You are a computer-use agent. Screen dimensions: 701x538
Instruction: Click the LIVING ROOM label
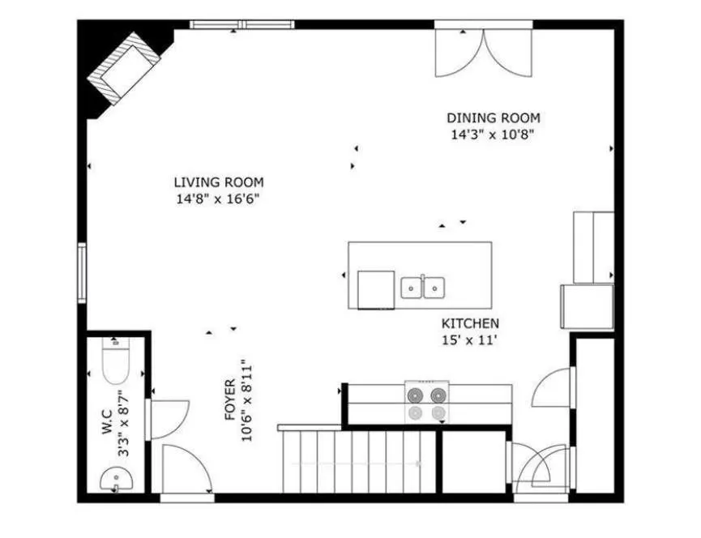click(219, 182)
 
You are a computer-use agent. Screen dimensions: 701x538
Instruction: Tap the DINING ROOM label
click(494, 118)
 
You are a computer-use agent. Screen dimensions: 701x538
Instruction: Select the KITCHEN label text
click(470, 323)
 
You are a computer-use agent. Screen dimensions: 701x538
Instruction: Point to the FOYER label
click(230, 399)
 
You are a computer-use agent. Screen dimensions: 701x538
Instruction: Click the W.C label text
click(107, 422)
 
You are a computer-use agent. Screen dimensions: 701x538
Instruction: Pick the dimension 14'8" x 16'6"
click(218, 199)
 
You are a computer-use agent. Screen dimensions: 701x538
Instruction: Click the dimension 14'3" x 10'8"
click(493, 134)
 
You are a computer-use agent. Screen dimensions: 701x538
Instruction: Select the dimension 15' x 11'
click(470, 340)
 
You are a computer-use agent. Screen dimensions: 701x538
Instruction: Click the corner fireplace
click(123, 68)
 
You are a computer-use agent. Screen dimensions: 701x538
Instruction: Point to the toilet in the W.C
click(116, 361)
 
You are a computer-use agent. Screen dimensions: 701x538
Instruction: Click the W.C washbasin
click(116, 480)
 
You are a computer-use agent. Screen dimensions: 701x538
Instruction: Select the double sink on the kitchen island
click(422, 288)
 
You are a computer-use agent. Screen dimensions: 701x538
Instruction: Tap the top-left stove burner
click(415, 395)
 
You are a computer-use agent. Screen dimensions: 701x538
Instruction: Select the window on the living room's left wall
click(82, 272)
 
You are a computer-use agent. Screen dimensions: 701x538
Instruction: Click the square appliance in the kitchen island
click(376, 289)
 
